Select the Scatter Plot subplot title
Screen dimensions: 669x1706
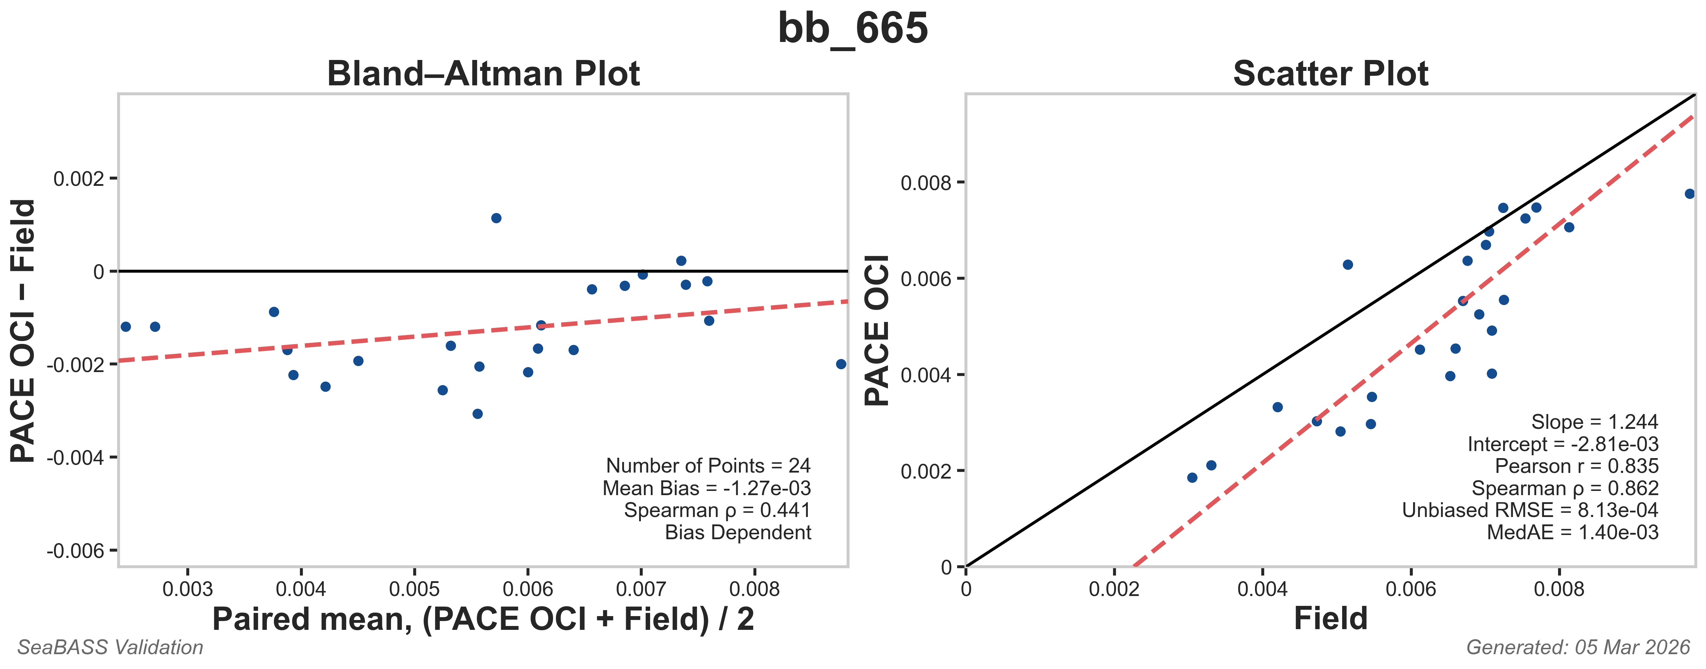(x=1330, y=73)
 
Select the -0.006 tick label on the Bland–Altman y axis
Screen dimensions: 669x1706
(x=76, y=551)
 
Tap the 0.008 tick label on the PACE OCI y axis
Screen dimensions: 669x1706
(x=925, y=183)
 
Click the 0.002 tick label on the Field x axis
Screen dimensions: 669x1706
(x=1114, y=589)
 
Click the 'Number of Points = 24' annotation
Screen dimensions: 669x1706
(x=708, y=466)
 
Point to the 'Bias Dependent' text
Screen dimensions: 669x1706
(x=738, y=533)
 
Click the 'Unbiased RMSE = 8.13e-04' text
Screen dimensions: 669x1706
(x=1530, y=510)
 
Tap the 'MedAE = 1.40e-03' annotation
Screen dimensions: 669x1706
(x=1572, y=533)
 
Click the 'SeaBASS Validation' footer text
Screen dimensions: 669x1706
(x=110, y=647)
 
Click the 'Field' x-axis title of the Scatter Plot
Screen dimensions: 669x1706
(x=1330, y=619)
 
